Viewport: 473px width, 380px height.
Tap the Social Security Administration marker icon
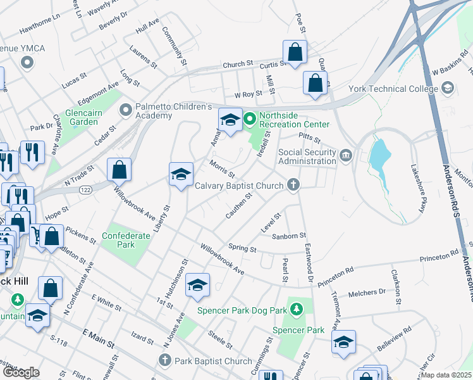[346, 155]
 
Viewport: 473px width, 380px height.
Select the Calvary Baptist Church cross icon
[293, 186]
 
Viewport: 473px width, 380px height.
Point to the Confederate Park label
[126, 240]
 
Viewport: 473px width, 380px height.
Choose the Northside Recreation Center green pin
[249, 118]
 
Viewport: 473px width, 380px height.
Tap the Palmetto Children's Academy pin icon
[126, 110]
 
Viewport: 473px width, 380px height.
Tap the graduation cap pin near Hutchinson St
[197, 286]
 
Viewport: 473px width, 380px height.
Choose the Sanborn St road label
[288, 236]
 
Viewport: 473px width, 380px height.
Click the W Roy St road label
[248, 95]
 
